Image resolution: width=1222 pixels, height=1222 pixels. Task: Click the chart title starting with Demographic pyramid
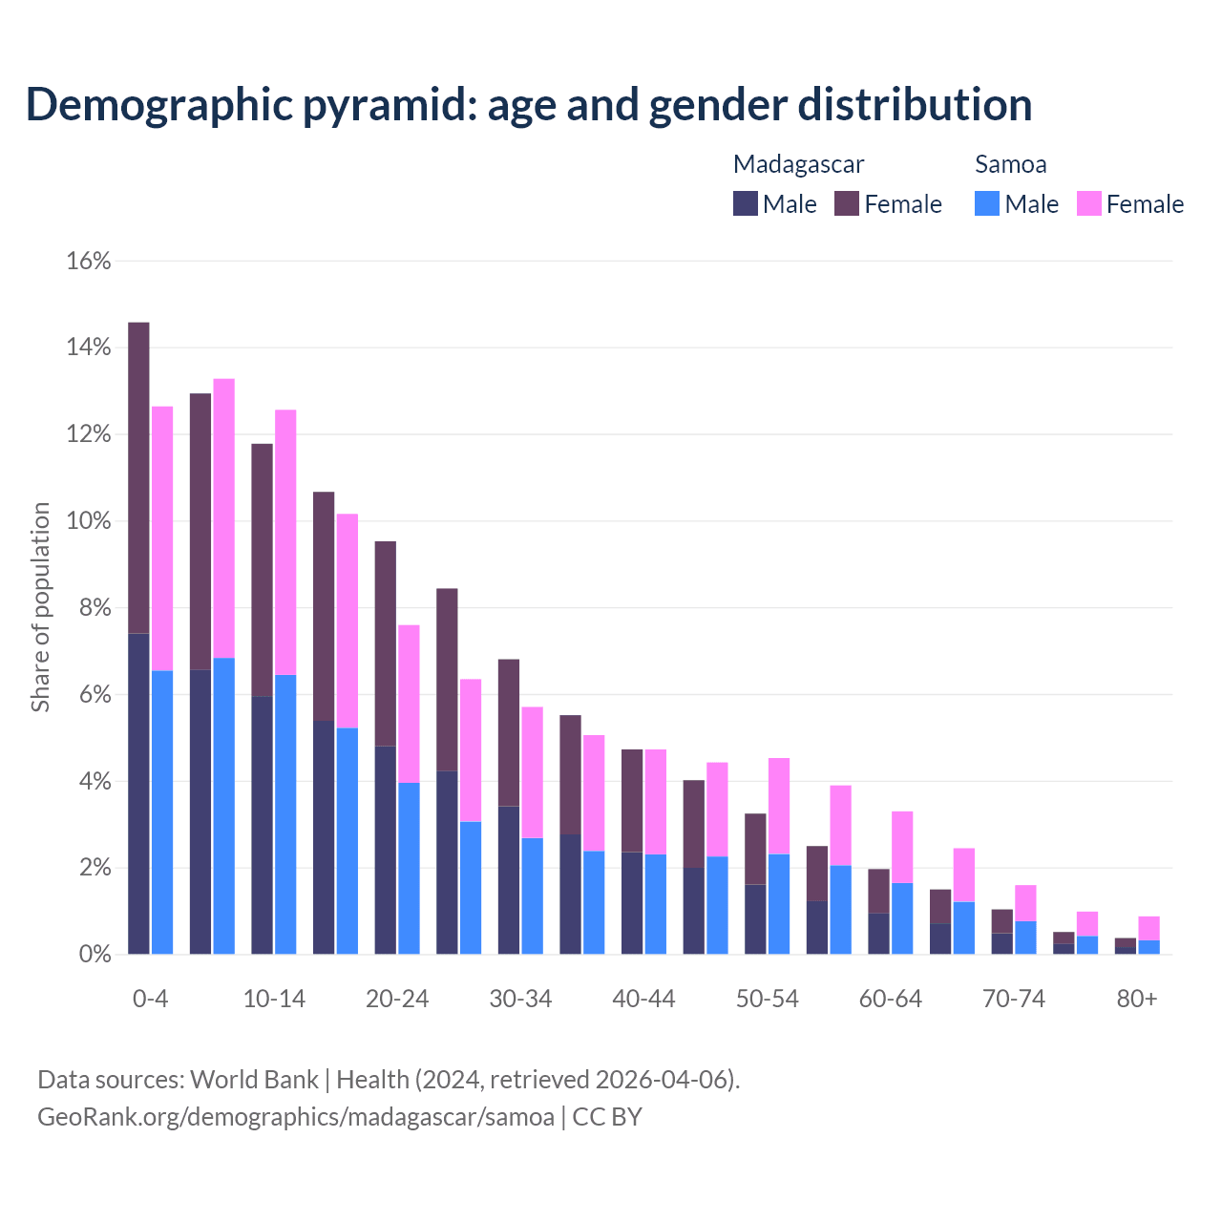click(529, 105)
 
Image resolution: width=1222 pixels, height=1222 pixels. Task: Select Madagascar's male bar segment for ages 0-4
click(138, 792)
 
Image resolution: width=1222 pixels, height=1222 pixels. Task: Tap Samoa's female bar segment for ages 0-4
click(162, 538)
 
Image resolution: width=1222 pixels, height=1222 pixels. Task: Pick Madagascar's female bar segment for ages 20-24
click(386, 643)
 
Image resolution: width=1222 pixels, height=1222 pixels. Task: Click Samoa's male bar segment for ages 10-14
click(285, 813)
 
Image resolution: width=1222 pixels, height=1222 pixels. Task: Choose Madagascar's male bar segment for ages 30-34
click(509, 879)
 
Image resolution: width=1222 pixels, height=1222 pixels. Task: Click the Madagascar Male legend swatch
click(746, 203)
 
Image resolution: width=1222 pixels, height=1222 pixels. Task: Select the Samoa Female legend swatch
click(1089, 203)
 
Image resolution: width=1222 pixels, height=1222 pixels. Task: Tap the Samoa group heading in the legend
click(1010, 164)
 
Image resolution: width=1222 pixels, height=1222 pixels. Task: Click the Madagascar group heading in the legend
click(798, 164)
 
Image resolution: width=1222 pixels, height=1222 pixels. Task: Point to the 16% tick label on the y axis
click(89, 261)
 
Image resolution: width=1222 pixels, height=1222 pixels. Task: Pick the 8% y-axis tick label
click(95, 608)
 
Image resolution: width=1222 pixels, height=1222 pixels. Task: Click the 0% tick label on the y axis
click(95, 954)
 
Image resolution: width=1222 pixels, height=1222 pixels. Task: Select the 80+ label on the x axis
click(1137, 999)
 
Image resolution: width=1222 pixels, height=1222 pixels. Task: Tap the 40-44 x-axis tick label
click(643, 999)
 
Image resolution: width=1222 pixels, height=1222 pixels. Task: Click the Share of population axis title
click(41, 607)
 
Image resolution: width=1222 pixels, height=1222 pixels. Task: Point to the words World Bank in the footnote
click(254, 1080)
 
